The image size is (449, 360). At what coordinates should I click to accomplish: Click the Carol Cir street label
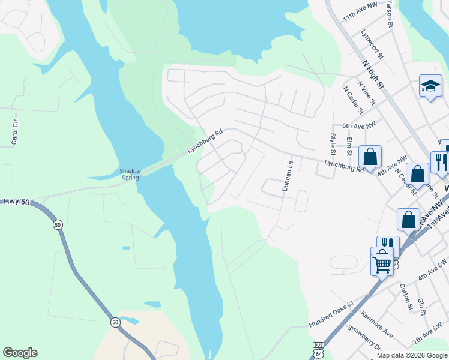(x=15, y=132)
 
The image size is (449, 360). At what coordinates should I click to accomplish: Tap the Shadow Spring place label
(x=130, y=174)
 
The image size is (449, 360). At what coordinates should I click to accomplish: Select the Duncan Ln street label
(x=289, y=176)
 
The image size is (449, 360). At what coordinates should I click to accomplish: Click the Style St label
(x=332, y=144)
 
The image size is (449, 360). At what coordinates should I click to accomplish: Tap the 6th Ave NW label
(x=358, y=125)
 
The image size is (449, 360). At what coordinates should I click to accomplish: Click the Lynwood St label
(x=372, y=45)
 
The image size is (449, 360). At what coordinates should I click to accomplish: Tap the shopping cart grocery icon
(x=382, y=262)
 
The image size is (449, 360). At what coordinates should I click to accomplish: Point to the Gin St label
(x=421, y=307)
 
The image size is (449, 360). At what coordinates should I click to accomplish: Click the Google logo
(x=20, y=353)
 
